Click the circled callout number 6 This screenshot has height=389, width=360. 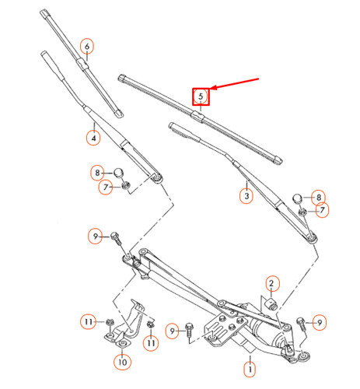click(x=87, y=46)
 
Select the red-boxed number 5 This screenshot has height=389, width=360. click(x=201, y=96)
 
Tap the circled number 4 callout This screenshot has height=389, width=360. click(x=93, y=138)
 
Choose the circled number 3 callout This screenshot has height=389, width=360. click(x=246, y=196)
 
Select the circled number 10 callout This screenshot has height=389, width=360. click(x=121, y=362)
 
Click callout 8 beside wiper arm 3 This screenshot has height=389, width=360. click(x=317, y=198)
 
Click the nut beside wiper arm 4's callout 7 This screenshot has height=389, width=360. click(x=124, y=186)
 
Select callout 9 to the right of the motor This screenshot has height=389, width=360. click(x=319, y=321)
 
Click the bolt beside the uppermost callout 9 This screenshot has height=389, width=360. click(x=116, y=237)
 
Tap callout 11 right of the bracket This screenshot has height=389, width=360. click(x=152, y=341)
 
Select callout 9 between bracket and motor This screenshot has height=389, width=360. click(x=172, y=329)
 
